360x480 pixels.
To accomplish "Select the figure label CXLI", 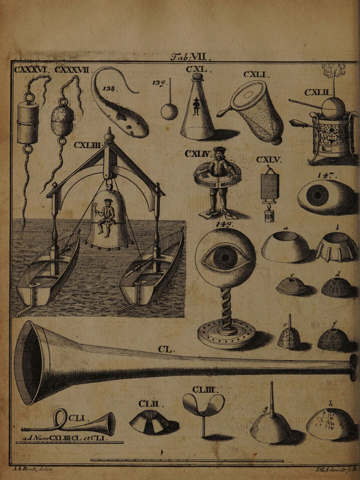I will [x=255, y=75].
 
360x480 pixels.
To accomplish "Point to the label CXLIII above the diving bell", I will [x=88, y=145].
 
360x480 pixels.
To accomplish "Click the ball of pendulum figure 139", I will [x=169, y=111].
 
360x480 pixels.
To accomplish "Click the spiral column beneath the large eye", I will [x=226, y=307].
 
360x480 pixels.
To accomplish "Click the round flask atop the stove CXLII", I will [x=333, y=109].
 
